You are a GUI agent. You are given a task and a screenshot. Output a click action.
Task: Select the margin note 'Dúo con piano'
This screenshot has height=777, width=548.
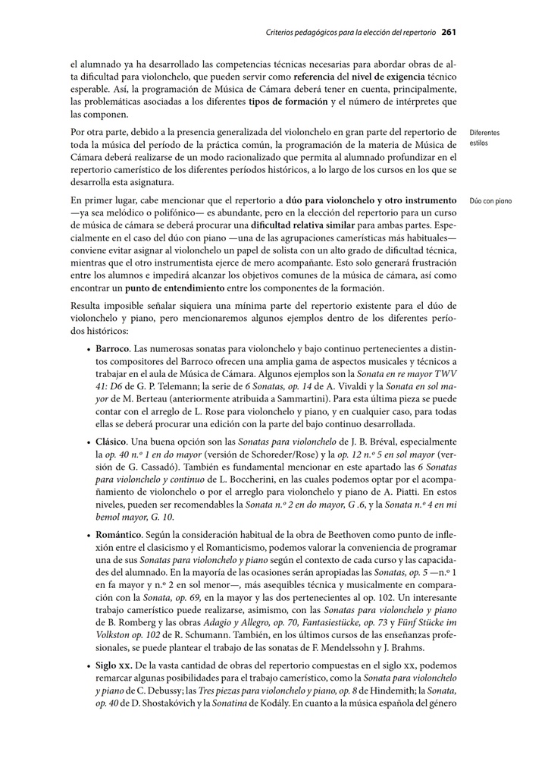pyautogui.click(x=490, y=201)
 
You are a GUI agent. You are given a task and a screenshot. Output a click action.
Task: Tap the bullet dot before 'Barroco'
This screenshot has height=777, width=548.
pyautogui.click(x=89, y=349)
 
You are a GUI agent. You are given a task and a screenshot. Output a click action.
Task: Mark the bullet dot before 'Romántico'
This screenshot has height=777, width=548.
pyautogui.click(x=89, y=536)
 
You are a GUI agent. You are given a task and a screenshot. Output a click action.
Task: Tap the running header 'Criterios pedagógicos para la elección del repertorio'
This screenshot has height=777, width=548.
pyautogui.click(x=351, y=33)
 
